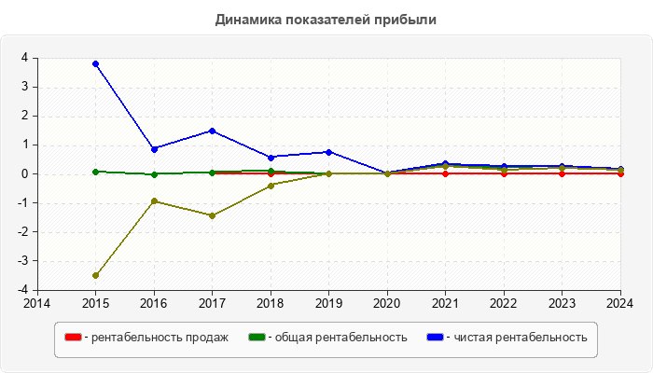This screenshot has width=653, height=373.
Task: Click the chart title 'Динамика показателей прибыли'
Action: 326,19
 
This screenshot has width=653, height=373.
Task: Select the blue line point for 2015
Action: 95,63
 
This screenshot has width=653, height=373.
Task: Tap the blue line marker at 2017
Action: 212,131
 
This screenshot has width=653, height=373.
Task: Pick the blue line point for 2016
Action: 154,148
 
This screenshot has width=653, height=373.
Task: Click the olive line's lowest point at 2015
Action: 95,275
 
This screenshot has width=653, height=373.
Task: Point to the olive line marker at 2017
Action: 212,215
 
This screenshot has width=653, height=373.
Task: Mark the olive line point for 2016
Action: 154,200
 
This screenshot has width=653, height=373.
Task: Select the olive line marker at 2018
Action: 271,186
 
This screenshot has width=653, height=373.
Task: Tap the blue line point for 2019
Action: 328,152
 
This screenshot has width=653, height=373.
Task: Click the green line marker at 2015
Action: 95,172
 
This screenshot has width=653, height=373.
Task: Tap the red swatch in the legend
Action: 73,337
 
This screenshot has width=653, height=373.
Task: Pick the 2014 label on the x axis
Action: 37,303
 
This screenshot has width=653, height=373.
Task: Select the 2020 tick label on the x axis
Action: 387,303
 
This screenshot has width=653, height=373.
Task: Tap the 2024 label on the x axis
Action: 619,303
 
